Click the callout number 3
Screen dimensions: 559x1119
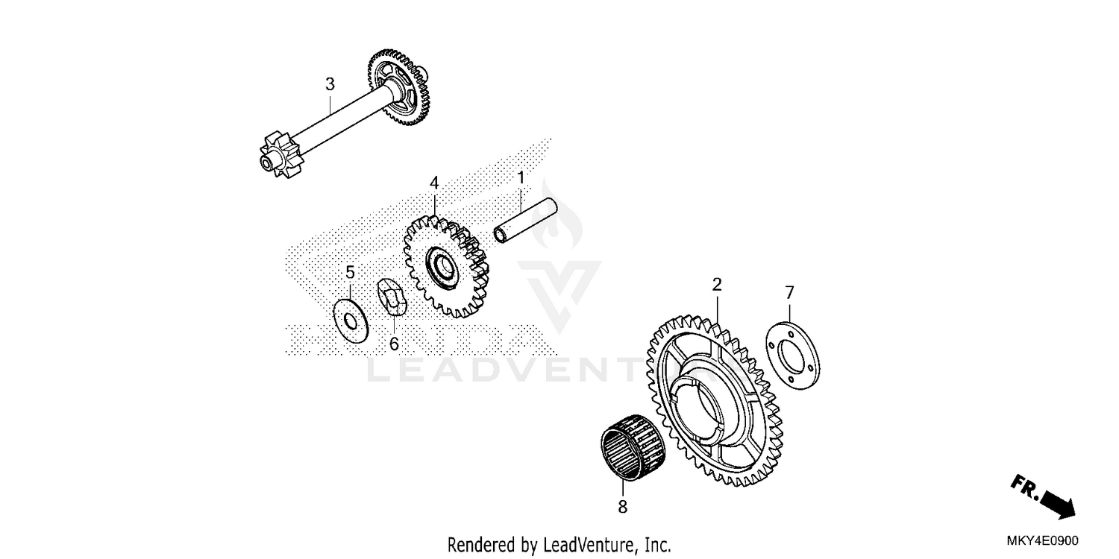coord(330,84)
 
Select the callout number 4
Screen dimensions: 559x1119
coord(434,183)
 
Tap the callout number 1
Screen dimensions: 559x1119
coord(521,178)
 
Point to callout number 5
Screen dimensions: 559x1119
coord(350,273)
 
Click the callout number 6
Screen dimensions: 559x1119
coord(394,344)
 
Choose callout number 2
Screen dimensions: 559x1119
coord(717,284)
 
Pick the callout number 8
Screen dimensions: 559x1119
coord(623,508)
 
